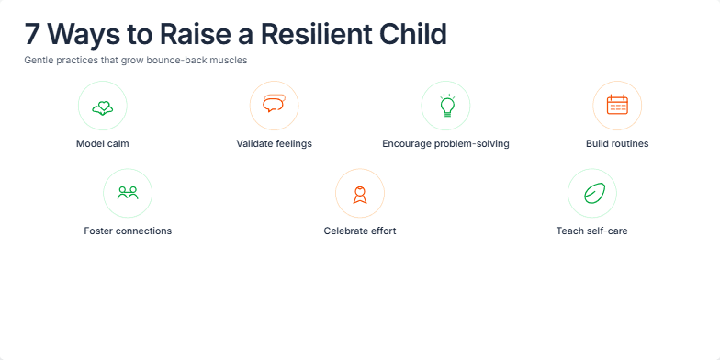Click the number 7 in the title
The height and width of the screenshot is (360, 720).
(x=32, y=35)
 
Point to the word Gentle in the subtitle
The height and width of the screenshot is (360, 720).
(x=39, y=61)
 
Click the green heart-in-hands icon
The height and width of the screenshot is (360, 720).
(x=103, y=106)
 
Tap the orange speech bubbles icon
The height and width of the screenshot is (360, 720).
(x=274, y=106)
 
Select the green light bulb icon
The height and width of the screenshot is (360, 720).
(x=445, y=106)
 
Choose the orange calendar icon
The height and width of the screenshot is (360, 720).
(x=616, y=106)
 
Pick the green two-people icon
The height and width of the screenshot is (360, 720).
(x=128, y=193)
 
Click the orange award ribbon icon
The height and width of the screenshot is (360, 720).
(x=360, y=193)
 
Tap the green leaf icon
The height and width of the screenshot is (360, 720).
(x=591, y=193)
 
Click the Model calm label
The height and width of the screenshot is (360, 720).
(x=103, y=144)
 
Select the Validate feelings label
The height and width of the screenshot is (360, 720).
(x=274, y=144)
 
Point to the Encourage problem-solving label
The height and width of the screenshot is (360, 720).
(x=445, y=144)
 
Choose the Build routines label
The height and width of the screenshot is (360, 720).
(x=616, y=144)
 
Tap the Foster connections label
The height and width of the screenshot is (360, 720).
(x=128, y=231)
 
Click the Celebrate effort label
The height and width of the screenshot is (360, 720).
(x=360, y=231)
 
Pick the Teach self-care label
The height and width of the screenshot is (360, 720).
(x=591, y=231)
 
